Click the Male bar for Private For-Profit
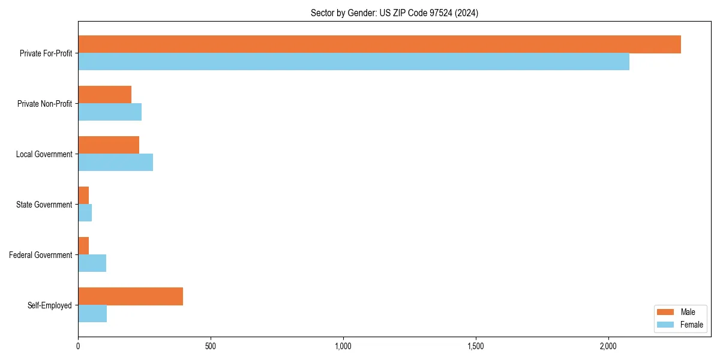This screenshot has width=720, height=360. click(379, 44)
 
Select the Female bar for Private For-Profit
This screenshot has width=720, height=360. click(353, 62)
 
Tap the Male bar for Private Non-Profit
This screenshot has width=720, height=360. click(104, 95)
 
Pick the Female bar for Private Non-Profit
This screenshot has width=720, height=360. click(110, 112)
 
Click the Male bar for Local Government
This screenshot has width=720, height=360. click(109, 145)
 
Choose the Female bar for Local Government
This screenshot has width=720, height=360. click(115, 163)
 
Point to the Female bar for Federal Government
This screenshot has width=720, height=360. click(92, 263)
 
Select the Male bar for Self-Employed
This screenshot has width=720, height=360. click(130, 296)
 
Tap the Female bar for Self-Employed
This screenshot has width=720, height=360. click(92, 314)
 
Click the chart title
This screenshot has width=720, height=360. click(394, 13)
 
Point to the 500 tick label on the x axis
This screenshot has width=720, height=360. click(211, 346)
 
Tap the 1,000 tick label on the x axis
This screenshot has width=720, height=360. click(343, 346)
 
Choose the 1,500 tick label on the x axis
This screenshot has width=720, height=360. click(476, 346)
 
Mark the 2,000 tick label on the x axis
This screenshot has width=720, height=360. click(608, 346)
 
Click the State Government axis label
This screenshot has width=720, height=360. click(44, 205)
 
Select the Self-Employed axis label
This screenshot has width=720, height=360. click(50, 305)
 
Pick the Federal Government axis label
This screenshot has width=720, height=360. click(41, 255)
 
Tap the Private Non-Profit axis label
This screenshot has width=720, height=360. click(44, 104)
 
